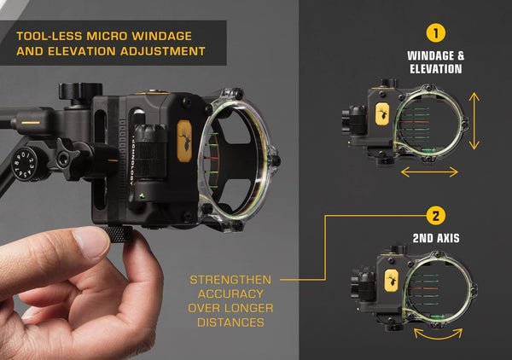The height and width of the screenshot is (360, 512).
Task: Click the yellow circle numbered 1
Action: tap(436, 33)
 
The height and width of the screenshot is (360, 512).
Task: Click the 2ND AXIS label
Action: tap(436, 239)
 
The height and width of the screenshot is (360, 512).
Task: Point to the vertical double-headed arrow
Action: tap(474, 121)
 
